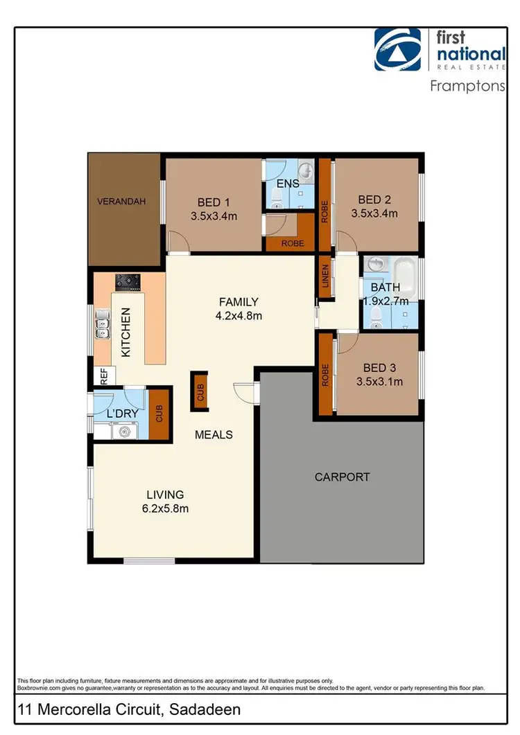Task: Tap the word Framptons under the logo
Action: pyautogui.click(x=467, y=87)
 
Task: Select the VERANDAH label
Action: pyautogui.click(x=121, y=202)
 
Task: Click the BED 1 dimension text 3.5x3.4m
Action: pyautogui.click(x=214, y=215)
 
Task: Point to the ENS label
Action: pyautogui.click(x=287, y=184)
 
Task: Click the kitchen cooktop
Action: pyautogui.click(x=127, y=281)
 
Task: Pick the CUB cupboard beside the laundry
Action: pyautogui.click(x=159, y=414)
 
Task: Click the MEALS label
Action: pyautogui.click(x=213, y=434)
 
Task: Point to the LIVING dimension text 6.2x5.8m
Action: pyautogui.click(x=164, y=508)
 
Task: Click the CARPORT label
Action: pyautogui.click(x=342, y=477)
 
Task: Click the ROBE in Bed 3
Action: pyautogui.click(x=324, y=375)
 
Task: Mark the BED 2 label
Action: pyautogui.click(x=374, y=200)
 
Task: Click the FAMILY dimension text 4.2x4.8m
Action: pyautogui.click(x=239, y=315)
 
